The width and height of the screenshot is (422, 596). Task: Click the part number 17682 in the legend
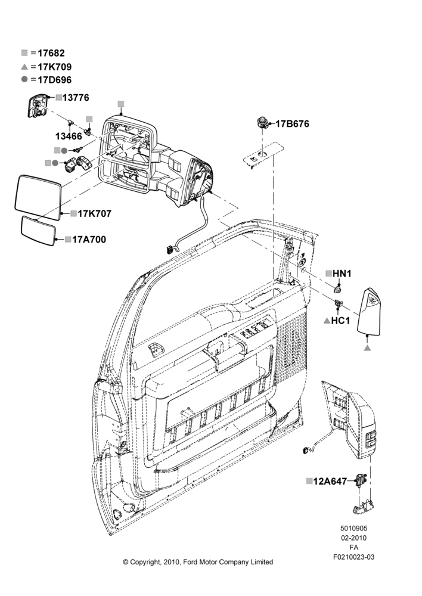pos(51,53)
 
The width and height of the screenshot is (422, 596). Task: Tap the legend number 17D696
pos(55,80)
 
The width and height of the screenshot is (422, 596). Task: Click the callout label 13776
pos(76,98)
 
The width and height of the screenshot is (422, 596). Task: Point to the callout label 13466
pos(69,136)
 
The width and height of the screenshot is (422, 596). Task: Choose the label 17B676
pos(292,124)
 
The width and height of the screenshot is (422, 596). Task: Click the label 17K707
pos(95,213)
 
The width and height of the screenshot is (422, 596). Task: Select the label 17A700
pos(89,240)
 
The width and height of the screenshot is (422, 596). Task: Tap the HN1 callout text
pos(342,274)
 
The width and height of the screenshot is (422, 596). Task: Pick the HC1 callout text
pos(340,321)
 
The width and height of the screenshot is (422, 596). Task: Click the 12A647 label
pos(330,481)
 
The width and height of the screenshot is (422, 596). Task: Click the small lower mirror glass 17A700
pos(38,231)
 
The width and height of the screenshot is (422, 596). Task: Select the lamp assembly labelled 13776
pos(38,105)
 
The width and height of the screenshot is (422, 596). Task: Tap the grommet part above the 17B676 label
pos(261,122)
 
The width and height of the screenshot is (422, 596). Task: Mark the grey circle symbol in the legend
pos(24,79)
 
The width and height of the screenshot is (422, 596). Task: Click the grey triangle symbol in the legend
pos(24,67)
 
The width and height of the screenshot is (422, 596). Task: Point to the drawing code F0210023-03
pos(353,557)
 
